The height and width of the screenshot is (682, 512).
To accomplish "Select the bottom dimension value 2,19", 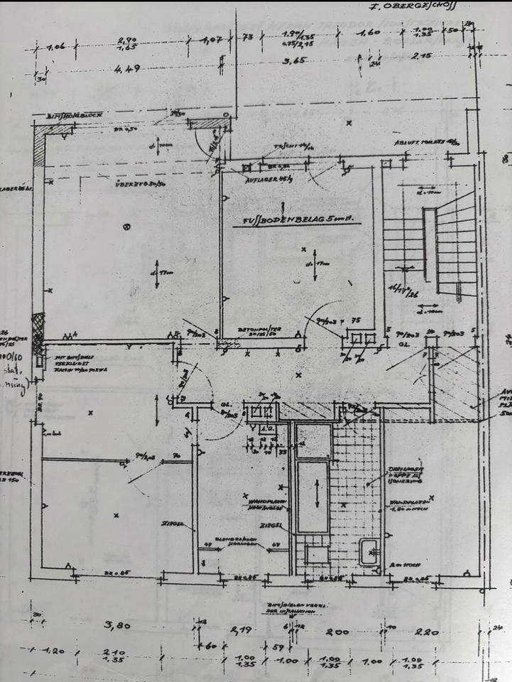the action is click(x=243, y=629).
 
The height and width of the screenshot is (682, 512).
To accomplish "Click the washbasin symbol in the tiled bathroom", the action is click(x=368, y=552).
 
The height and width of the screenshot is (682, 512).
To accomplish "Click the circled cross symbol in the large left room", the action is click(x=127, y=227).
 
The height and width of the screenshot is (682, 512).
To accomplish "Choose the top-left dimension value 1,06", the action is click(x=55, y=48).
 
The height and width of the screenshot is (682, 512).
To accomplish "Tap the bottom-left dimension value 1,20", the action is click(x=54, y=651).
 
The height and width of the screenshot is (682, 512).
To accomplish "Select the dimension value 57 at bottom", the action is click(x=279, y=648).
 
